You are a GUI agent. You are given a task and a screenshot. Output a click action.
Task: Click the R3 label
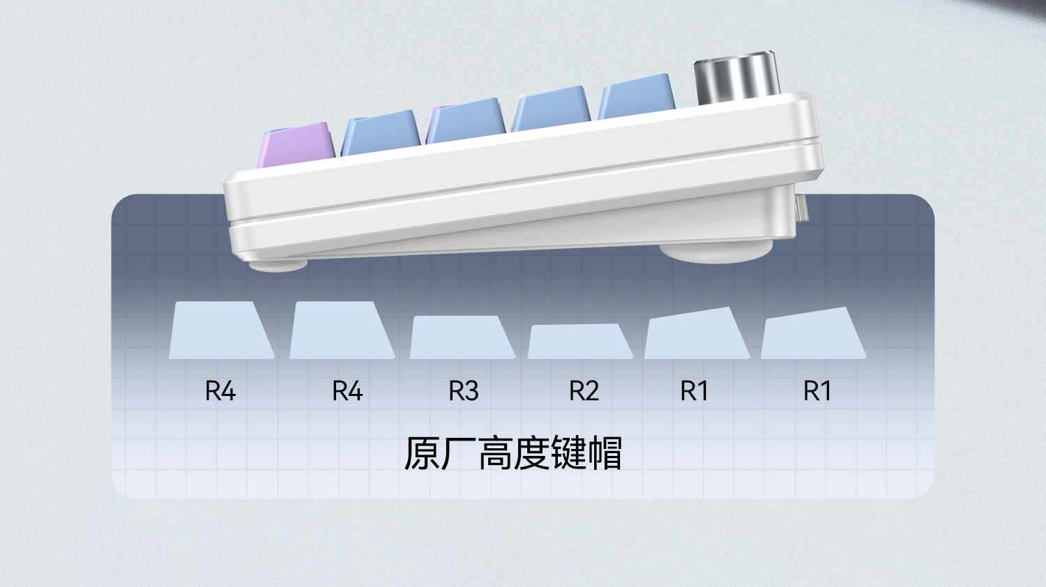coord(464,391)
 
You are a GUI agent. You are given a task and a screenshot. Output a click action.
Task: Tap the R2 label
coord(584,391)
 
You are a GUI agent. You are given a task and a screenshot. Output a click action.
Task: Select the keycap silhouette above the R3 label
coord(462,338)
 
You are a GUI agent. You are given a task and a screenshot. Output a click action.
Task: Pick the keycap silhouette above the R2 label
coord(580,342)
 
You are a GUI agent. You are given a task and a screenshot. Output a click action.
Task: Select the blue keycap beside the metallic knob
coord(637,98)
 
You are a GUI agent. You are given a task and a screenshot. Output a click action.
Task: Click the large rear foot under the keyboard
coord(716,252)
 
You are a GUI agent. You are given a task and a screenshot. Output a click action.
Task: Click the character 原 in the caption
coord(423,453)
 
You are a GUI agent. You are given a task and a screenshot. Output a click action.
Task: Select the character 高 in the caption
coord(495,453)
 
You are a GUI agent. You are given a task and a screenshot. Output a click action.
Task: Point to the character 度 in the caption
coord(531,453)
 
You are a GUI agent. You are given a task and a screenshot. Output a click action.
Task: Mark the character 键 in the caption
coord(568,453)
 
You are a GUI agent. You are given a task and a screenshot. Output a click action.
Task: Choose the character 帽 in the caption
coord(604,453)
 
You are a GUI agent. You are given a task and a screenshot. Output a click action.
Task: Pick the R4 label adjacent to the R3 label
coord(347,391)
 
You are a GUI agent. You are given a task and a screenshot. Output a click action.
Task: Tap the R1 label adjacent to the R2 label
coord(694,391)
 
